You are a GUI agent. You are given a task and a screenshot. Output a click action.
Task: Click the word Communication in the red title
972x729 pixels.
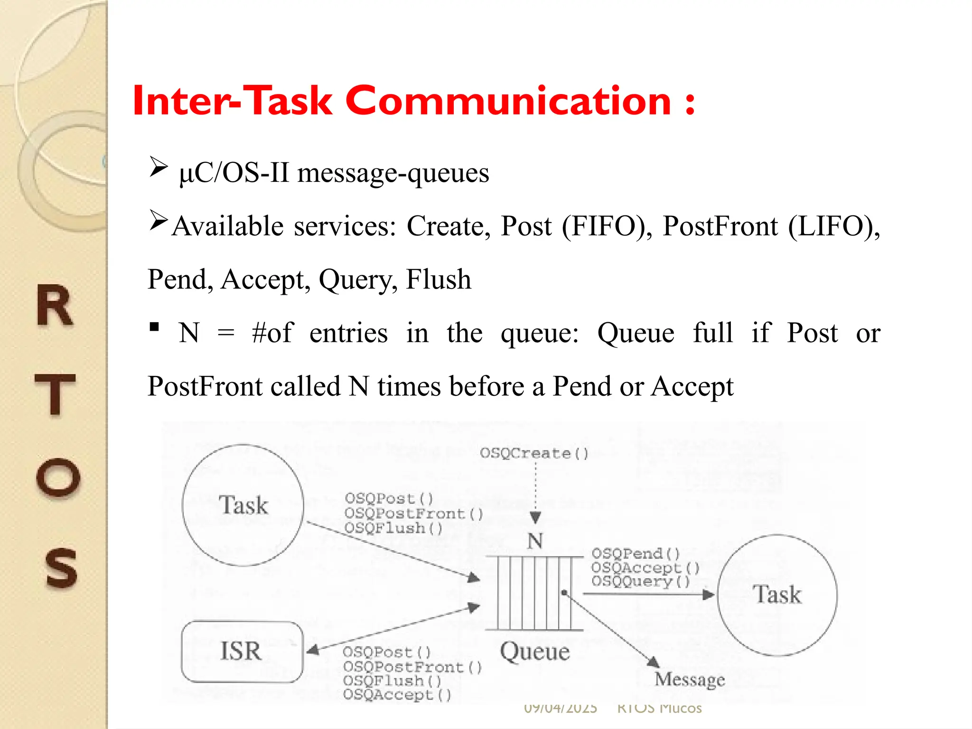click(x=508, y=101)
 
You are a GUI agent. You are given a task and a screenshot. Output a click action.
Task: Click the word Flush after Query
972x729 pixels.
click(x=439, y=279)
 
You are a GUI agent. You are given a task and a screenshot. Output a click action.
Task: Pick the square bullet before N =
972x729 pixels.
click(x=154, y=327)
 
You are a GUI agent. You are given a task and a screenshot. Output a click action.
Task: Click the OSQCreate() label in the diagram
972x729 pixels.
click(x=534, y=453)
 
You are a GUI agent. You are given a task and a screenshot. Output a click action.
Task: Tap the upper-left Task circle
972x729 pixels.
click(x=243, y=505)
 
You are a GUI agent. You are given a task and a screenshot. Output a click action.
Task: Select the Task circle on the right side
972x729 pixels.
click(x=777, y=595)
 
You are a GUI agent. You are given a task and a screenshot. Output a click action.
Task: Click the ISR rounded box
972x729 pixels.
click(x=242, y=651)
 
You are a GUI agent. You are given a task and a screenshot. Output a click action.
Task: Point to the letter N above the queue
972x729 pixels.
click(x=535, y=541)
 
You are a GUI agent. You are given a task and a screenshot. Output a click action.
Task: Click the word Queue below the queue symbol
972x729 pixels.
click(x=535, y=652)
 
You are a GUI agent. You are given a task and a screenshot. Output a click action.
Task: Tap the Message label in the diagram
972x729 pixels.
click(x=690, y=680)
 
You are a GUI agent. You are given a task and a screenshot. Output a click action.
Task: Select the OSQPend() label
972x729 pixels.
click(x=636, y=553)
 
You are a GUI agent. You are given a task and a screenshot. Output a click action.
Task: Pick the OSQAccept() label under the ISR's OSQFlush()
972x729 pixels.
click(x=397, y=695)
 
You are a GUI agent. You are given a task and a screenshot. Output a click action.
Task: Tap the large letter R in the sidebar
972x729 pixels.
click(x=55, y=306)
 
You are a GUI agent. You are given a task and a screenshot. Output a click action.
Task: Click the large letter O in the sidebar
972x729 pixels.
click(x=58, y=477)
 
